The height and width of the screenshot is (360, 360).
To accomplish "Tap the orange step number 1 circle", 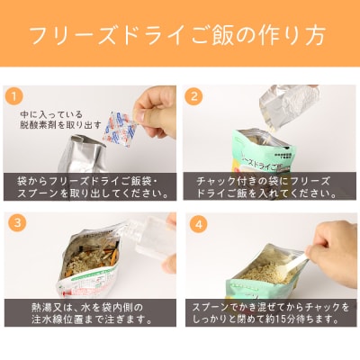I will pyautogui.click(x=14, y=94).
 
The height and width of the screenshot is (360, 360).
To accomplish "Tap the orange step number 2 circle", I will pyautogui.click(x=193, y=94).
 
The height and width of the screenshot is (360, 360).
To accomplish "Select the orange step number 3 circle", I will pyautogui.click(x=14, y=220).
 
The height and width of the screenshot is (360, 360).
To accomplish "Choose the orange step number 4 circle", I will pyautogui.click(x=193, y=220).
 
